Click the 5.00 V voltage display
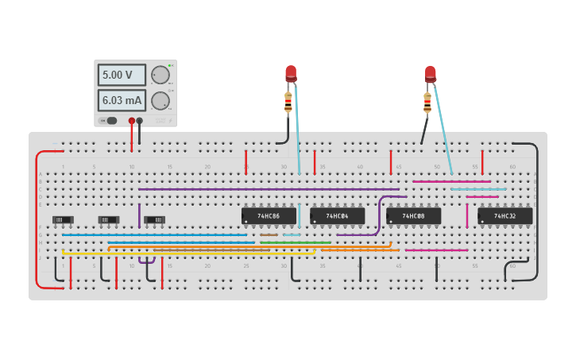122,75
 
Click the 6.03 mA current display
122,100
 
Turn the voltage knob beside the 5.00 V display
160,75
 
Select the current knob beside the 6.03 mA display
160,101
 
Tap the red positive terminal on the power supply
132,121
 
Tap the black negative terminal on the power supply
140,121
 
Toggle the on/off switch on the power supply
108,121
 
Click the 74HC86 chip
269,215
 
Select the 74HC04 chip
337,215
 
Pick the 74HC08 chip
413,215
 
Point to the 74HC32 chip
504,215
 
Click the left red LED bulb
291,74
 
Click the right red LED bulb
431,74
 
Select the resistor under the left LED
288,102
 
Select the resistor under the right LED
427,102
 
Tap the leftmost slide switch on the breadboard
63,219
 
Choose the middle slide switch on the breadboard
109,219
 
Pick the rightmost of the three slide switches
155,219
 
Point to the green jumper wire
295,242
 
